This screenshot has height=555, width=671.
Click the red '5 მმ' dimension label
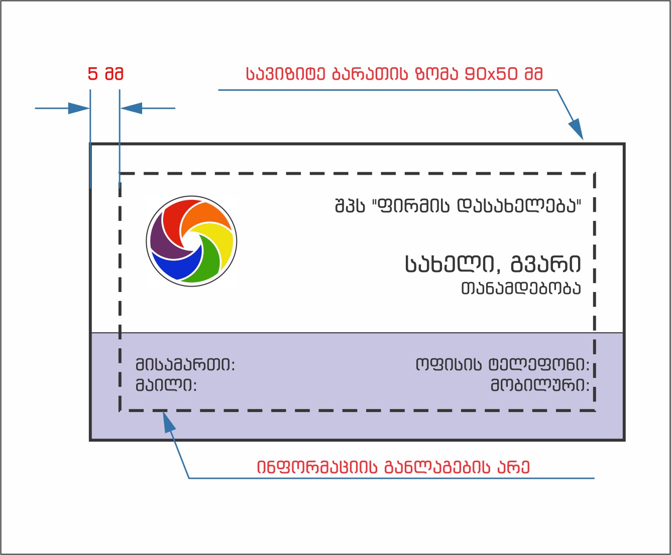105,74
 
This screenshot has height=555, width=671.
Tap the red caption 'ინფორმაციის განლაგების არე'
393,467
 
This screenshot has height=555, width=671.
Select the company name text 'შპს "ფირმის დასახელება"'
458,206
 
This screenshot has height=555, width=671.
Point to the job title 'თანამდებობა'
521,289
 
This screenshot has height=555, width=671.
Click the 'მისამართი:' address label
185,365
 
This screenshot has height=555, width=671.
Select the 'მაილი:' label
166,385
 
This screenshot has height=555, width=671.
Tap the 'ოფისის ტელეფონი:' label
502,365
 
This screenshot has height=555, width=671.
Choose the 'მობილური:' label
540,385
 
